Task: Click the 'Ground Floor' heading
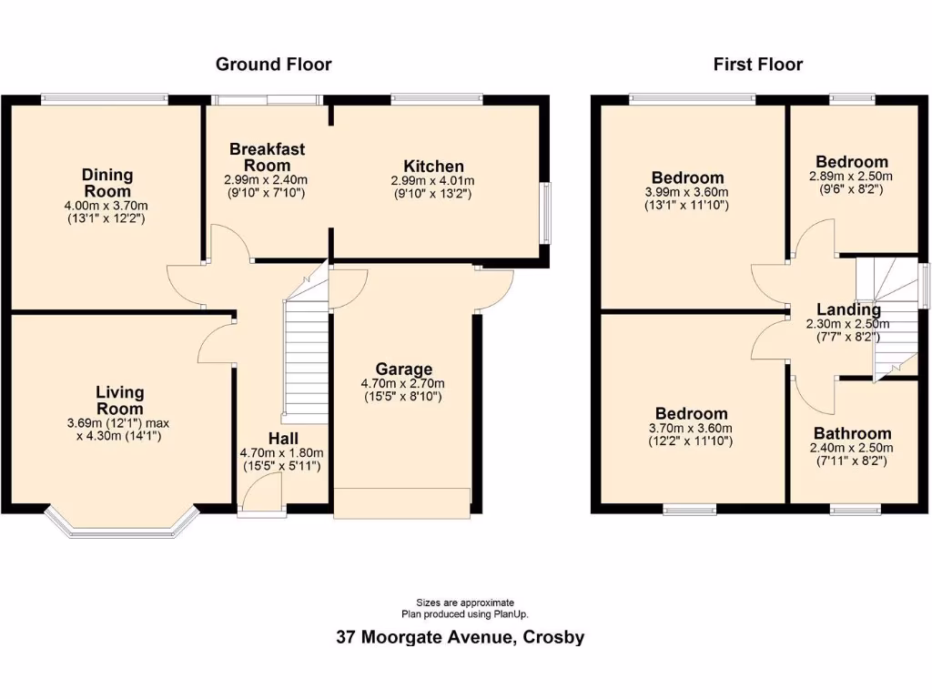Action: pos(273,65)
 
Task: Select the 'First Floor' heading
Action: pos(757,65)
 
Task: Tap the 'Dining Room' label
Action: pos(106,183)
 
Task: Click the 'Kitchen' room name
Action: pos(433,167)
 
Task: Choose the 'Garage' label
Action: pos(403,370)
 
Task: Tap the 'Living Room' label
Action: pos(120,400)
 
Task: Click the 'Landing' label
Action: pos(848,309)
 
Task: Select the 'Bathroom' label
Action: pos(852,433)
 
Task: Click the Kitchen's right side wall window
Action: pos(546,213)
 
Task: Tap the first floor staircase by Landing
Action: pos(887,319)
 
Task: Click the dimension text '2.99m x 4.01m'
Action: pos(433,180)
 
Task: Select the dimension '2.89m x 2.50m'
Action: pos(851,177)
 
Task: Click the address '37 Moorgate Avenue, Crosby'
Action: pos(460,637)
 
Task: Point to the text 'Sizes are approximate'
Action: pos(465,603)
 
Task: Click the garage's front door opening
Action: pos(401,503)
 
